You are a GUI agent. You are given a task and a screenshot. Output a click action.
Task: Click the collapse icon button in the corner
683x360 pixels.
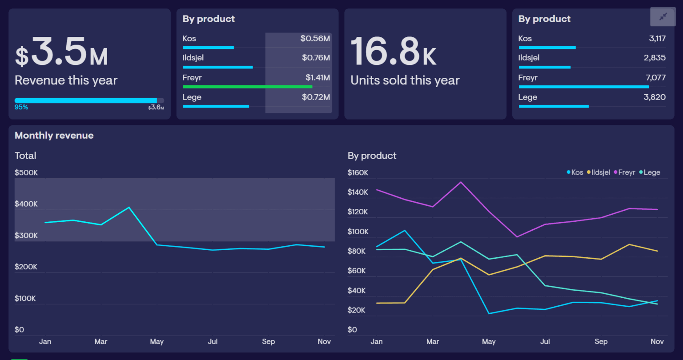663,17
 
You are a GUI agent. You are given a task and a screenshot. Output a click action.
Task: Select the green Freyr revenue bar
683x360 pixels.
247,87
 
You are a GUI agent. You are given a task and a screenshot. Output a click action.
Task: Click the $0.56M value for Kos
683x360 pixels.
315,39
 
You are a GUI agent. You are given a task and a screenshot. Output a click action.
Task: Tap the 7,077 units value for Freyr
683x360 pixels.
655,78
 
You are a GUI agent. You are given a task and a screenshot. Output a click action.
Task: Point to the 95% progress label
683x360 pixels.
21,107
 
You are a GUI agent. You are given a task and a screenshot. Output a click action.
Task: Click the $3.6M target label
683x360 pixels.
156,108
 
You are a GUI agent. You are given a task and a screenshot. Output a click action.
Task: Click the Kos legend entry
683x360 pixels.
575,172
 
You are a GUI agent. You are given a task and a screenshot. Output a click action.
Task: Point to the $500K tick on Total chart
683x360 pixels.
26,172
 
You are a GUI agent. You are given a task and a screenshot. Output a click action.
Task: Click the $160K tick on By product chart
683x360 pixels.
358,172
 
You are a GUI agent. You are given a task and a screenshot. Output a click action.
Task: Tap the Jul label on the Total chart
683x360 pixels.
213,341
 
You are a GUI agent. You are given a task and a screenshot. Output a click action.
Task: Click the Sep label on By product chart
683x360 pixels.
601,341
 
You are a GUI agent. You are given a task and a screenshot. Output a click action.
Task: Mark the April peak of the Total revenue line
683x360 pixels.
129,208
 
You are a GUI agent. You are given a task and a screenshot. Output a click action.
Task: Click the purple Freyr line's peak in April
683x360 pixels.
461,182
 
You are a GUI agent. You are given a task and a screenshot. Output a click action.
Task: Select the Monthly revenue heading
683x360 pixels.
54,136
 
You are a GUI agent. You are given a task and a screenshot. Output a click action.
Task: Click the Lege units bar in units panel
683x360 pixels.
554,106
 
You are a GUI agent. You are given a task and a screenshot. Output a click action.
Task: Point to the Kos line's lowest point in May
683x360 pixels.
489,314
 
